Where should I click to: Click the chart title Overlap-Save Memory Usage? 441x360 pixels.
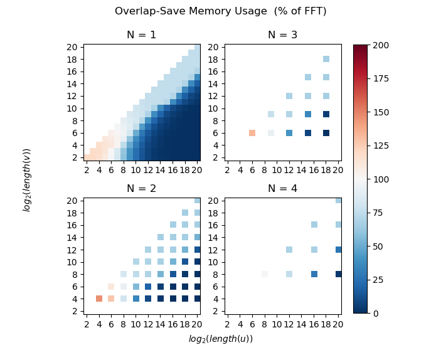220,11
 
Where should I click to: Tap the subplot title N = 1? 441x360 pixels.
141,35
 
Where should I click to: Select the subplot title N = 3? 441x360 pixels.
283,35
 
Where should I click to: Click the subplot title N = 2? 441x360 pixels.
141,188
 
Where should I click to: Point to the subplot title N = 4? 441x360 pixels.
283,188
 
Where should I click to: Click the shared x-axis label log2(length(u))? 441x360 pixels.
220,339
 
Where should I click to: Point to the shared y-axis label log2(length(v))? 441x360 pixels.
27,179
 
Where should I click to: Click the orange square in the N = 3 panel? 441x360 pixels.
252,133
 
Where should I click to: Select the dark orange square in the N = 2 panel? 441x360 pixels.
99,299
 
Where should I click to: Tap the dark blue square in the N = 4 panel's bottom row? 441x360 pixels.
339,274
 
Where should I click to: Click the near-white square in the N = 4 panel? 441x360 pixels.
265,274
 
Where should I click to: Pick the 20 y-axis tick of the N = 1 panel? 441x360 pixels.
72,47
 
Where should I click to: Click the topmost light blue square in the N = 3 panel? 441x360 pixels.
326,60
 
